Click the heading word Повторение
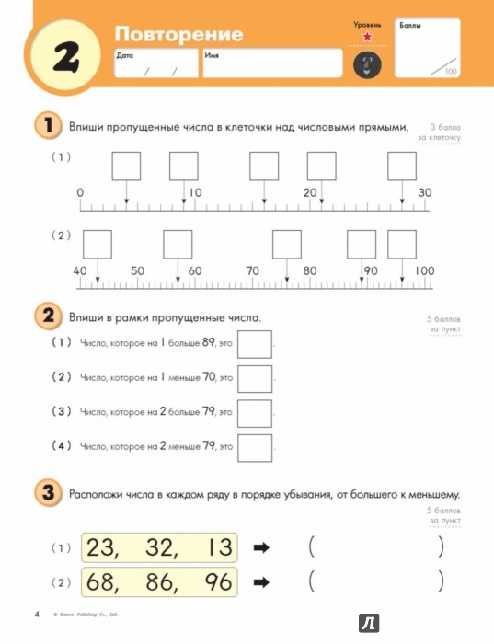(178, 34)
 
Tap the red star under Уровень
(367, 36)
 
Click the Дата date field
(155, 63)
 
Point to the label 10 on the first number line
(194, 192)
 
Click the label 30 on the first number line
(424, 192)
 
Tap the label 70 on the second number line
(252, 271)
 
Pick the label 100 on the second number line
(423, 271)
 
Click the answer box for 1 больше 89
(255, 344)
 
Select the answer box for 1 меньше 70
(255, 378)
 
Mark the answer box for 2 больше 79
(255, 413)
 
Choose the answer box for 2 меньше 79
(255, 447)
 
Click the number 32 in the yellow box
(158, 547)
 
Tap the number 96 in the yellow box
(211, 582)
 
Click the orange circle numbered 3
(46, 493)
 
